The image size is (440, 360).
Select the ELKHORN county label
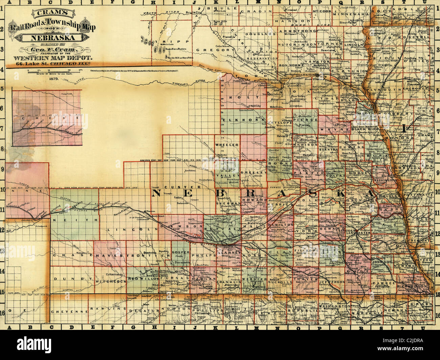(241, 120)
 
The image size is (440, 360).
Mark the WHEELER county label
(227, 144)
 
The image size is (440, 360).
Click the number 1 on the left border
(3, 15)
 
